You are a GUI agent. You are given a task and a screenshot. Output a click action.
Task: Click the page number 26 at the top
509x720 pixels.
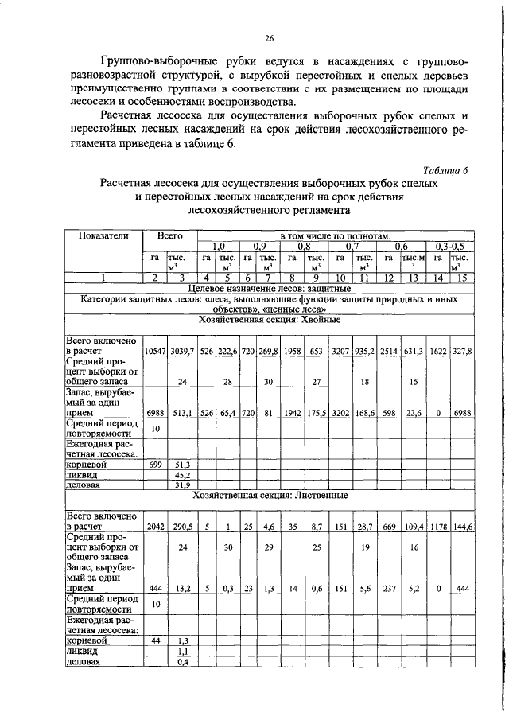pyautogui.click(x=269, y=37)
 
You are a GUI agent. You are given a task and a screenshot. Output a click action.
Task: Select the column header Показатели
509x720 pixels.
pyautogui.click(x=103, y=236)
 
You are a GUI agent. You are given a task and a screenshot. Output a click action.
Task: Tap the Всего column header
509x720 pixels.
pyautogui.click(x=169, y=236)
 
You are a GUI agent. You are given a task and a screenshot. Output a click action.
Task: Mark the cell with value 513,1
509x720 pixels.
pyautogui.click(x=183, y=413)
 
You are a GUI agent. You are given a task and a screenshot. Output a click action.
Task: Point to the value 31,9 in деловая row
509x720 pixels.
pyautogui.click(x=183, y=484)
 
